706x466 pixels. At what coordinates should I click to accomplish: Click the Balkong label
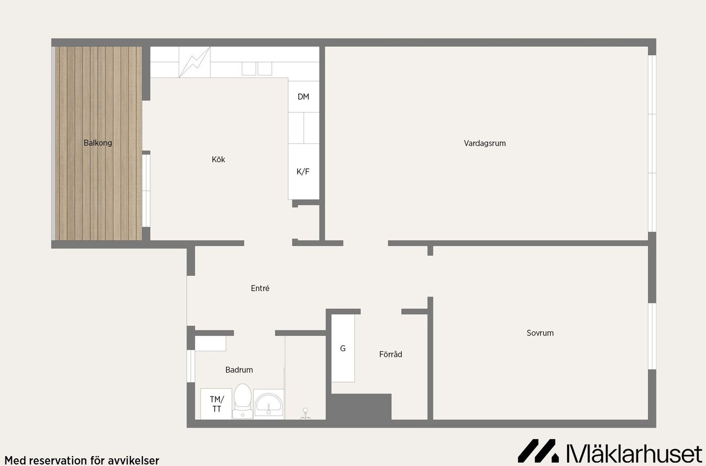tap(98, 143)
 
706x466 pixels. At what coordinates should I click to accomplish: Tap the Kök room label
tap(218, 160)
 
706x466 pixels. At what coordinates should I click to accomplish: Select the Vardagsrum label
tap(485, 143)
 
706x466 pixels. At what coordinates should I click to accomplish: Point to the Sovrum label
tap(540, 333)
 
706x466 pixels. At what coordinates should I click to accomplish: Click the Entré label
tap(260, 288)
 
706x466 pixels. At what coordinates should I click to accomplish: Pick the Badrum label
tap(239, 370)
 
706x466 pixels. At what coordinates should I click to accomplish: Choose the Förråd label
tap(391, 354)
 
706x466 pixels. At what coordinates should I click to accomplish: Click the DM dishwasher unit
tap(303, 97)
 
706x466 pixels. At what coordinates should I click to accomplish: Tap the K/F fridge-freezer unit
tap(303, 172)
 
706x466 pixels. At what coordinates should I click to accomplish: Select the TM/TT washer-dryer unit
tap(217, 404)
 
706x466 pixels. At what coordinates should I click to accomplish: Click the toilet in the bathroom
tap(243, 401)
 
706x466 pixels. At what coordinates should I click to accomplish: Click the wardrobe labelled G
tap(343, 348)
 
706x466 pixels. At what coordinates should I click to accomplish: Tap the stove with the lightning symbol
tap(195, 62)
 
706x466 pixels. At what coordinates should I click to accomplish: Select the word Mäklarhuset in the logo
tap(634, 452)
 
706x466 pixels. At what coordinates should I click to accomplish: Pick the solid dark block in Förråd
tap(361, 407)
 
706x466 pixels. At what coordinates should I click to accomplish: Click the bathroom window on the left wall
tap(191, 366)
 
